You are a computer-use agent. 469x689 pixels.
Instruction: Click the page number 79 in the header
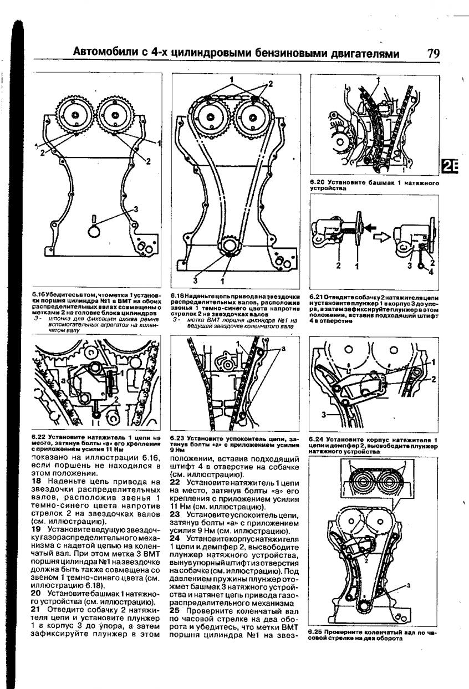pos(433,54)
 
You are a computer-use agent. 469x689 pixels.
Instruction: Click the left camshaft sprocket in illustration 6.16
pos(74,118)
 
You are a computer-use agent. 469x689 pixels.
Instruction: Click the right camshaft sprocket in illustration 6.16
pos(115,118)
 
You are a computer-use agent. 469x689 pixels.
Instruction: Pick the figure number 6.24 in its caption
pos(317,440)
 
